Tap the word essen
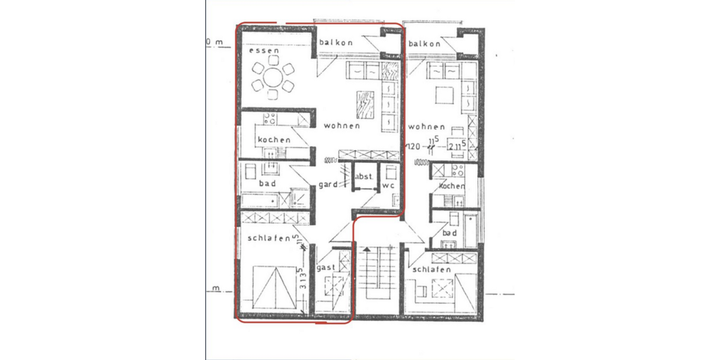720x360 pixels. [x=264, y=52]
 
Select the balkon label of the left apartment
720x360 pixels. [x=336, y=43]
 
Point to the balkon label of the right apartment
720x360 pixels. [x=424, y=44]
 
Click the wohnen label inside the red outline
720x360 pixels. [x=341, y=126]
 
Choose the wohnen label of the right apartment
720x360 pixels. [x=426, y=127]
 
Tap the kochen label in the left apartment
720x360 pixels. [x=274, y=140]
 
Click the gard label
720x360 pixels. [x=328, y=184]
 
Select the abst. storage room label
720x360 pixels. [x=365, y=177]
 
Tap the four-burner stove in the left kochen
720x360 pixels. [x=268, y=119]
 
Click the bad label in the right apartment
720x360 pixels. [x=451, y=233]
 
